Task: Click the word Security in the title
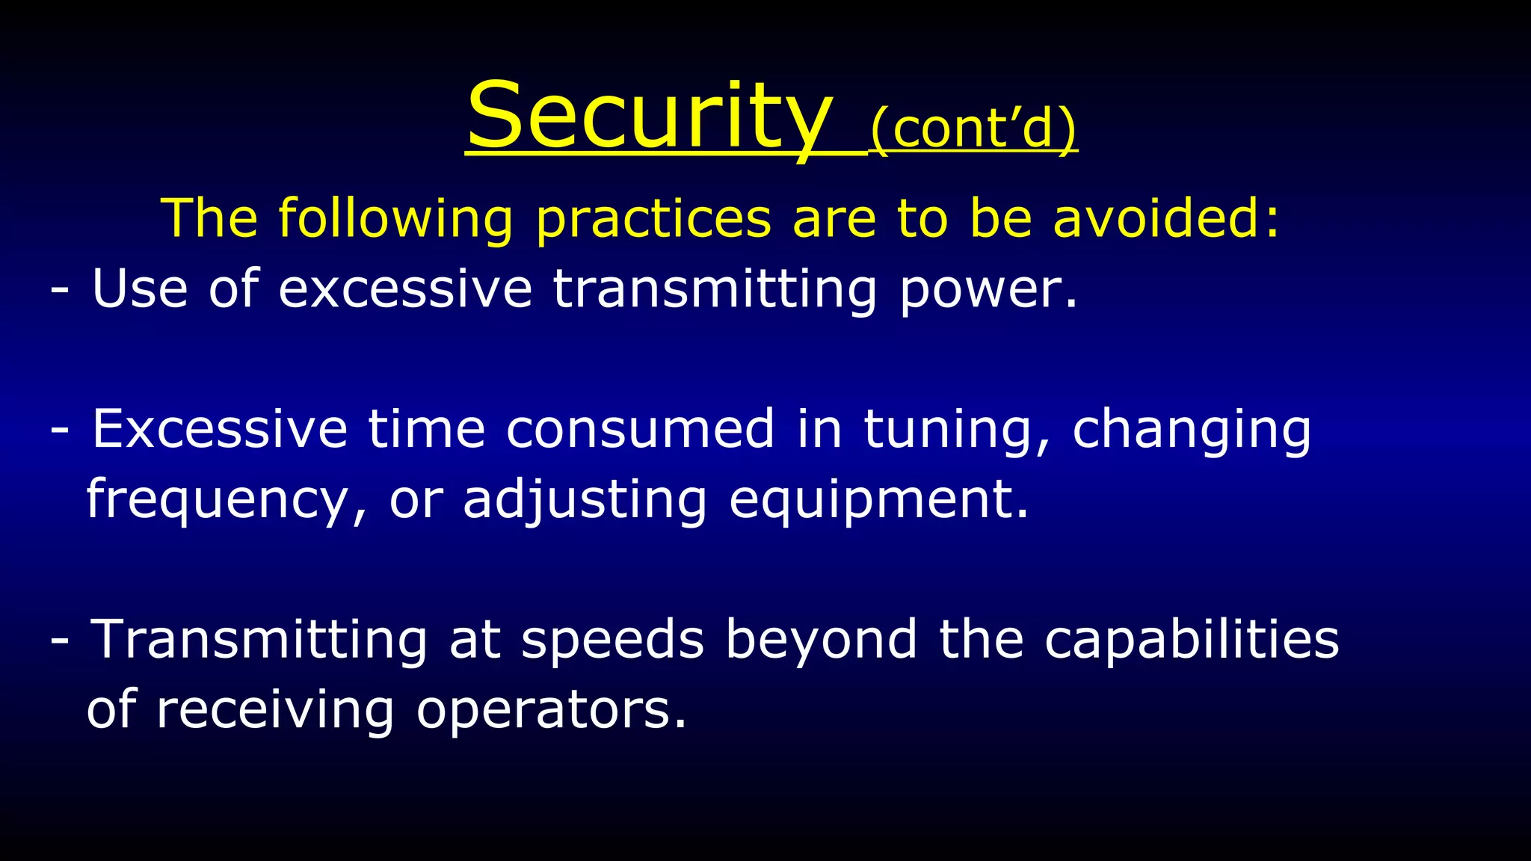point(649,117)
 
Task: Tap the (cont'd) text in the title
point(973,129)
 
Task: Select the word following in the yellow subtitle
point(395,218)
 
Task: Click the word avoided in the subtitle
point(1166,218)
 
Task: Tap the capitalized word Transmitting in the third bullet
point(259,641)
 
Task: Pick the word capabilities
point(1192,641)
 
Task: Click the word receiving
point(275,711)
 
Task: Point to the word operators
point(551,711)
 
